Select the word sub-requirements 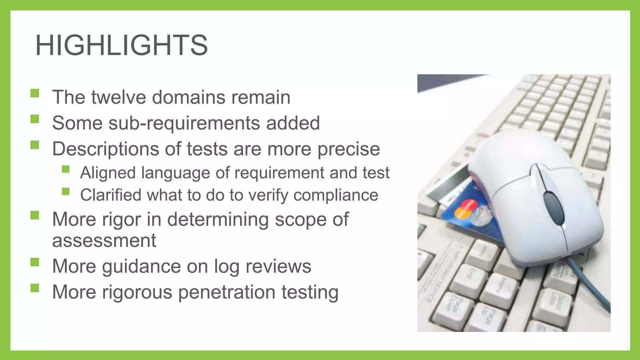tap(184, 123)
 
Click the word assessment tap(104, 241)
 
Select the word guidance tap(141, 267)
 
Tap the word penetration tap(227, 292)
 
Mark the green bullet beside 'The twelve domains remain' tap(35, 93)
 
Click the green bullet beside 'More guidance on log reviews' tap(35, 262)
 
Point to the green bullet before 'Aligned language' tap(66, 169)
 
